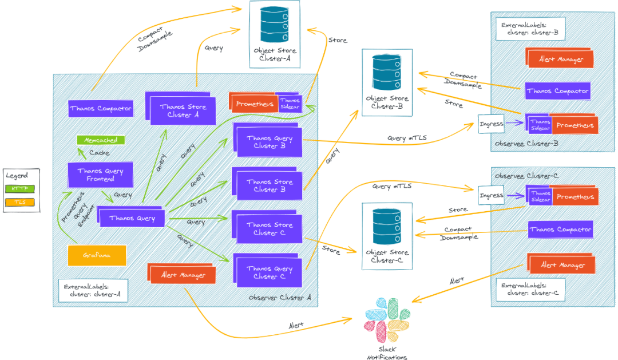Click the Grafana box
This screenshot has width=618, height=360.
tap(97, 255)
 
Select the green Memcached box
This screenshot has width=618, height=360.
tap(101, 140)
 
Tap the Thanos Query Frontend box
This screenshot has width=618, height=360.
tap(100, 175)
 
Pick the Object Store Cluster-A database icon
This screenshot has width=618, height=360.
tap(274, 24)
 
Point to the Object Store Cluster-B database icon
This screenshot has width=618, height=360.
tap(387, 73)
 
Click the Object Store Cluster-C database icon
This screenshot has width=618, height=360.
tap(387, 226)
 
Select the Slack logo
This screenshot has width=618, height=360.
tap(387, 320)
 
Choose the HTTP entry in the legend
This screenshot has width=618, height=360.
tap(19, 189)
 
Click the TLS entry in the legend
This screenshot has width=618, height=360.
tap(19, 202)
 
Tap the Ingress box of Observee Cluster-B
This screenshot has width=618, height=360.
tap(491, 124)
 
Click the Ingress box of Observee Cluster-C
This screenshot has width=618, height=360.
tap(491, 195)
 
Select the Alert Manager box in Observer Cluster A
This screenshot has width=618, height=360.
tap(182, 274)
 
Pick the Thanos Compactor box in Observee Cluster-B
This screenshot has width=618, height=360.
tap(558, 91)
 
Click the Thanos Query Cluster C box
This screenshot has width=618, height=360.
tap(268, 271)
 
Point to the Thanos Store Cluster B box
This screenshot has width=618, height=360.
tap(268, 184)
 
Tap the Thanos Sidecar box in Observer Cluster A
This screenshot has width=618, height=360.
tap(290, 104)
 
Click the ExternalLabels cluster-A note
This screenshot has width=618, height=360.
tap(93, 291)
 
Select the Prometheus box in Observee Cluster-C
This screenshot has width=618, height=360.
tap(575, 196)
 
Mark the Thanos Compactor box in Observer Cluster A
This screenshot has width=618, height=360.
tap(101, 108)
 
